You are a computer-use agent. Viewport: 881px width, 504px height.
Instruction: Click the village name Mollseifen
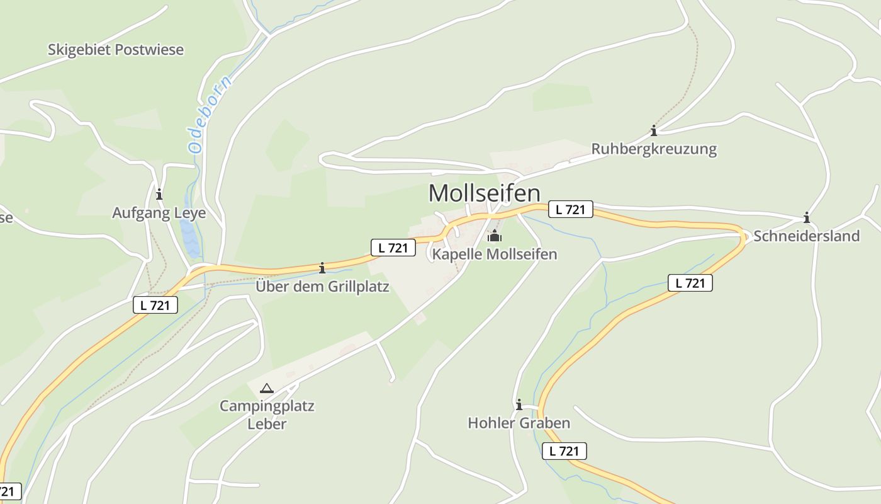point(484,193)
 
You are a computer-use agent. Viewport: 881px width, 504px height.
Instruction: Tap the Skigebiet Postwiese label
point(116,50)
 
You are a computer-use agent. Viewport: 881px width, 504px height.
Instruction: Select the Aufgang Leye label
point(159,213)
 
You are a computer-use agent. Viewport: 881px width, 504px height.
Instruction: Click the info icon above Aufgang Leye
point(159,193)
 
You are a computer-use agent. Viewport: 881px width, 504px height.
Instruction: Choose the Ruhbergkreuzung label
point(654,149)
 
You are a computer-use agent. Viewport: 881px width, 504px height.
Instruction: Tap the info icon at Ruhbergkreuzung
point(654,130)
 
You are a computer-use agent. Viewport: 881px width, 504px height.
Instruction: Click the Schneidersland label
point(806,236)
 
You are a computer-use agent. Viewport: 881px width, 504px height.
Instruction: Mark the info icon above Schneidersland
point(807,218)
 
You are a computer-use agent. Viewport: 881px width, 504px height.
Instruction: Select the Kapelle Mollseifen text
point(495,255)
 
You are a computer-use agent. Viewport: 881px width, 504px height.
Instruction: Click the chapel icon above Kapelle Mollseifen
point(495,236)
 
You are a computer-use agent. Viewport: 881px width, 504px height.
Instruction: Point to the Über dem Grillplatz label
point(322,287)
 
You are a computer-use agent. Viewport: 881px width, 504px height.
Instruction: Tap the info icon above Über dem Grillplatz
point(322,268)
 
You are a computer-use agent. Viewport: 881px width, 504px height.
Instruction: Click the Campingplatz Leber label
point(267,415)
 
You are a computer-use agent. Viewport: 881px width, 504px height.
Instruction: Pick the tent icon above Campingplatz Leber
point(267,388)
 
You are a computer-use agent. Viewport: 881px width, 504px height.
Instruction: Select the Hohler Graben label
point(519,423)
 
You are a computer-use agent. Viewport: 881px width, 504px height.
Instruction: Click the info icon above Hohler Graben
point(519,404)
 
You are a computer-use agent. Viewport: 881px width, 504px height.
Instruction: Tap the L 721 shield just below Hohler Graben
point(564,451)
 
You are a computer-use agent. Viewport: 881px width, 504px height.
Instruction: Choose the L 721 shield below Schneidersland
point(690,283)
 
